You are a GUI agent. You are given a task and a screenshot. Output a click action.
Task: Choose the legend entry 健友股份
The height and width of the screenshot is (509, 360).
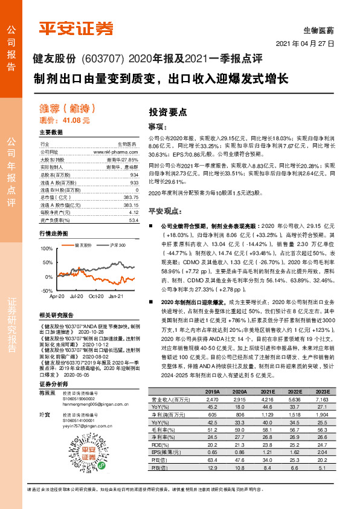(x=83, y=245)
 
